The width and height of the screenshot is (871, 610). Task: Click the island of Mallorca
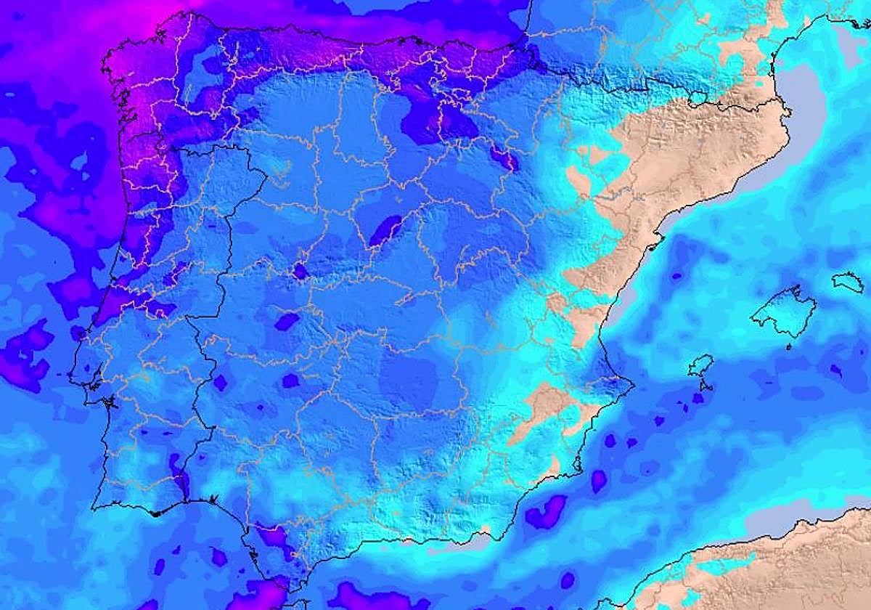tap(784, 312)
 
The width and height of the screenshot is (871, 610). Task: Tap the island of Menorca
tap(848, 281)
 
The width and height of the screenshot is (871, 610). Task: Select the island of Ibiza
tap(701, 365)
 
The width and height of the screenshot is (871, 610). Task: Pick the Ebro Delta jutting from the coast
tap(656, 240)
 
